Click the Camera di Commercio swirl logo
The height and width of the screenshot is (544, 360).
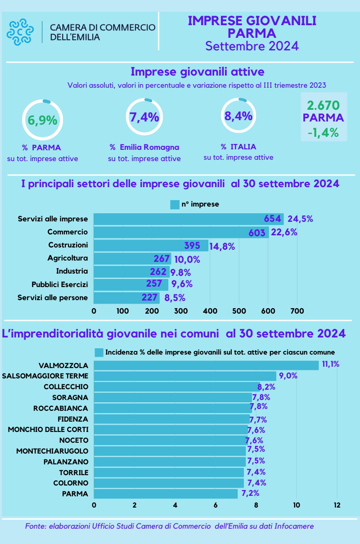20,32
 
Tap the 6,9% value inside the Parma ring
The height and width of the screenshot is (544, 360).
42,121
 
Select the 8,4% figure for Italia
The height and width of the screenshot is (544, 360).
238,116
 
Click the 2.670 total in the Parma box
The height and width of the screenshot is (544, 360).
323,105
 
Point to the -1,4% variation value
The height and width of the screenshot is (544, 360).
323,133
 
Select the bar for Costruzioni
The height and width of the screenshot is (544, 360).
151,246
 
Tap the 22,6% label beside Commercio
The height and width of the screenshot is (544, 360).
284,232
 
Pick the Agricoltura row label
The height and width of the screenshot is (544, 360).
67,258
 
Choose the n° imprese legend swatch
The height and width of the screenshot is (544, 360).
175,204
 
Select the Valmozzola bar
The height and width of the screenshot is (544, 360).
206,365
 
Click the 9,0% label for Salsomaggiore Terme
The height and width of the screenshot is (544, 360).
288,376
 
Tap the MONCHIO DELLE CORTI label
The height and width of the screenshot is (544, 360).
48,429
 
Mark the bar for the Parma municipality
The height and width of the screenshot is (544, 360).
166,494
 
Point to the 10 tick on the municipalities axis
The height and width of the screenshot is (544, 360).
296,504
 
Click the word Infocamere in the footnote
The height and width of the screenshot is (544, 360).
294,526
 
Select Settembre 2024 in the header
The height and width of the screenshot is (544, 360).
252,46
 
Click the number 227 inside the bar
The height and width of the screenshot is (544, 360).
149,297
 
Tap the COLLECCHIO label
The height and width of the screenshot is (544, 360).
66,387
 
